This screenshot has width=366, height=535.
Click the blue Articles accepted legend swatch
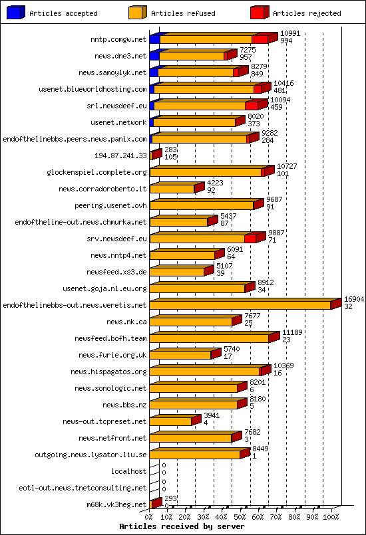[17, 12]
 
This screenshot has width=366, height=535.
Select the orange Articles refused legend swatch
[138, 12]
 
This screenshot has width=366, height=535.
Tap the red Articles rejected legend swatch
[260, 12]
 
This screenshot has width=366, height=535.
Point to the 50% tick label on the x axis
[240, 516]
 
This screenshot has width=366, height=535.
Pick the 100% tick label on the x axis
[331, 516]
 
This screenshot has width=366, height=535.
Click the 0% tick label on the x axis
[150, 516]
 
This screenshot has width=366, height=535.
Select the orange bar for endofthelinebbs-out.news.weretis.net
[240, 305]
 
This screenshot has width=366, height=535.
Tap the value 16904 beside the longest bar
[353, 300]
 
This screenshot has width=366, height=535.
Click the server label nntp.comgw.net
[118, 39]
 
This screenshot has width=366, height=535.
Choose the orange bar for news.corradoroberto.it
[172, 189]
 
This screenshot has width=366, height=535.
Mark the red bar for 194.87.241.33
[155, 155]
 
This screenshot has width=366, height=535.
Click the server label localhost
[128, 471]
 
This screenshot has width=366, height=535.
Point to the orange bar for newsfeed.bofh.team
[209, 338]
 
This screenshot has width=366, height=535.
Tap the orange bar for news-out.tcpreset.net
[170, 421]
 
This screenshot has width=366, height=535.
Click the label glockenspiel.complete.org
[96, 172]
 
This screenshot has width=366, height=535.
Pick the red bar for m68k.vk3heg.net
[155, 504]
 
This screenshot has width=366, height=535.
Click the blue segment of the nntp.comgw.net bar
[154, 39]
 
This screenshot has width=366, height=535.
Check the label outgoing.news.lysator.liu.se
[91, 455]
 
